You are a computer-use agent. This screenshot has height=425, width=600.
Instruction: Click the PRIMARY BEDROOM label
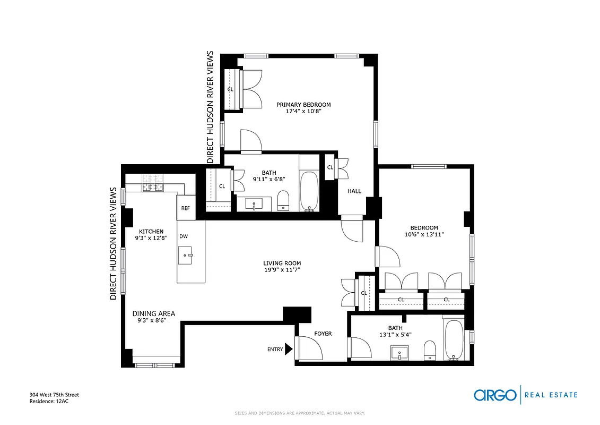tap(303, 105)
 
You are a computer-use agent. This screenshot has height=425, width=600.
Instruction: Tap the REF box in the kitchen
tap(185, 208)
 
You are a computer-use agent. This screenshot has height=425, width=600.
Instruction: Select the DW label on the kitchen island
tap(183, 236)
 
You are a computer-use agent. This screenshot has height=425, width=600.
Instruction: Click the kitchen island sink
tap(186, 255)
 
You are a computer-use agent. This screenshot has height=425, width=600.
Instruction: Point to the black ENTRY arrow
tap(289, 349)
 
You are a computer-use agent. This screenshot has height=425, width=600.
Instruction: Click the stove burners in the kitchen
tap(152, 183)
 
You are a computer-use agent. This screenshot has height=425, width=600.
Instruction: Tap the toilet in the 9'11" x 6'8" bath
tap(283, 200)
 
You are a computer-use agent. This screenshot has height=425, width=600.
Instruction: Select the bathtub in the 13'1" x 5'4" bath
tap(454, 340)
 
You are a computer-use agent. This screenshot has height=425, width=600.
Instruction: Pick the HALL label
tap(354, 191)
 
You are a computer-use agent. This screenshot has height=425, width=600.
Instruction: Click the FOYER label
tap(323, 334)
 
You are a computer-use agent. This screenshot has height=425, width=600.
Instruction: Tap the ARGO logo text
tap(494, 395)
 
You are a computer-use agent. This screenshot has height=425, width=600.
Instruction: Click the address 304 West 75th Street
tap(54, 395)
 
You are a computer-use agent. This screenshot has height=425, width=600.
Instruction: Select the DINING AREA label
tap(154, 313)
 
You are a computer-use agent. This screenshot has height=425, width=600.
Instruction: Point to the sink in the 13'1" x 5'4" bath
tap(399, 352)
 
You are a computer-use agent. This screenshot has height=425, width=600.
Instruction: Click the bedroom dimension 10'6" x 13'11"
tap(424, 234)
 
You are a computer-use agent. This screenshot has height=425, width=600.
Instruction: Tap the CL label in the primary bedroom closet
tap(230, 89)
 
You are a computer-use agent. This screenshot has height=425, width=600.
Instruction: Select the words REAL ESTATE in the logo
tap(551, 395)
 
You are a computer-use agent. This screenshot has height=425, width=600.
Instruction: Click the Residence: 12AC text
tap(49, 402)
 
